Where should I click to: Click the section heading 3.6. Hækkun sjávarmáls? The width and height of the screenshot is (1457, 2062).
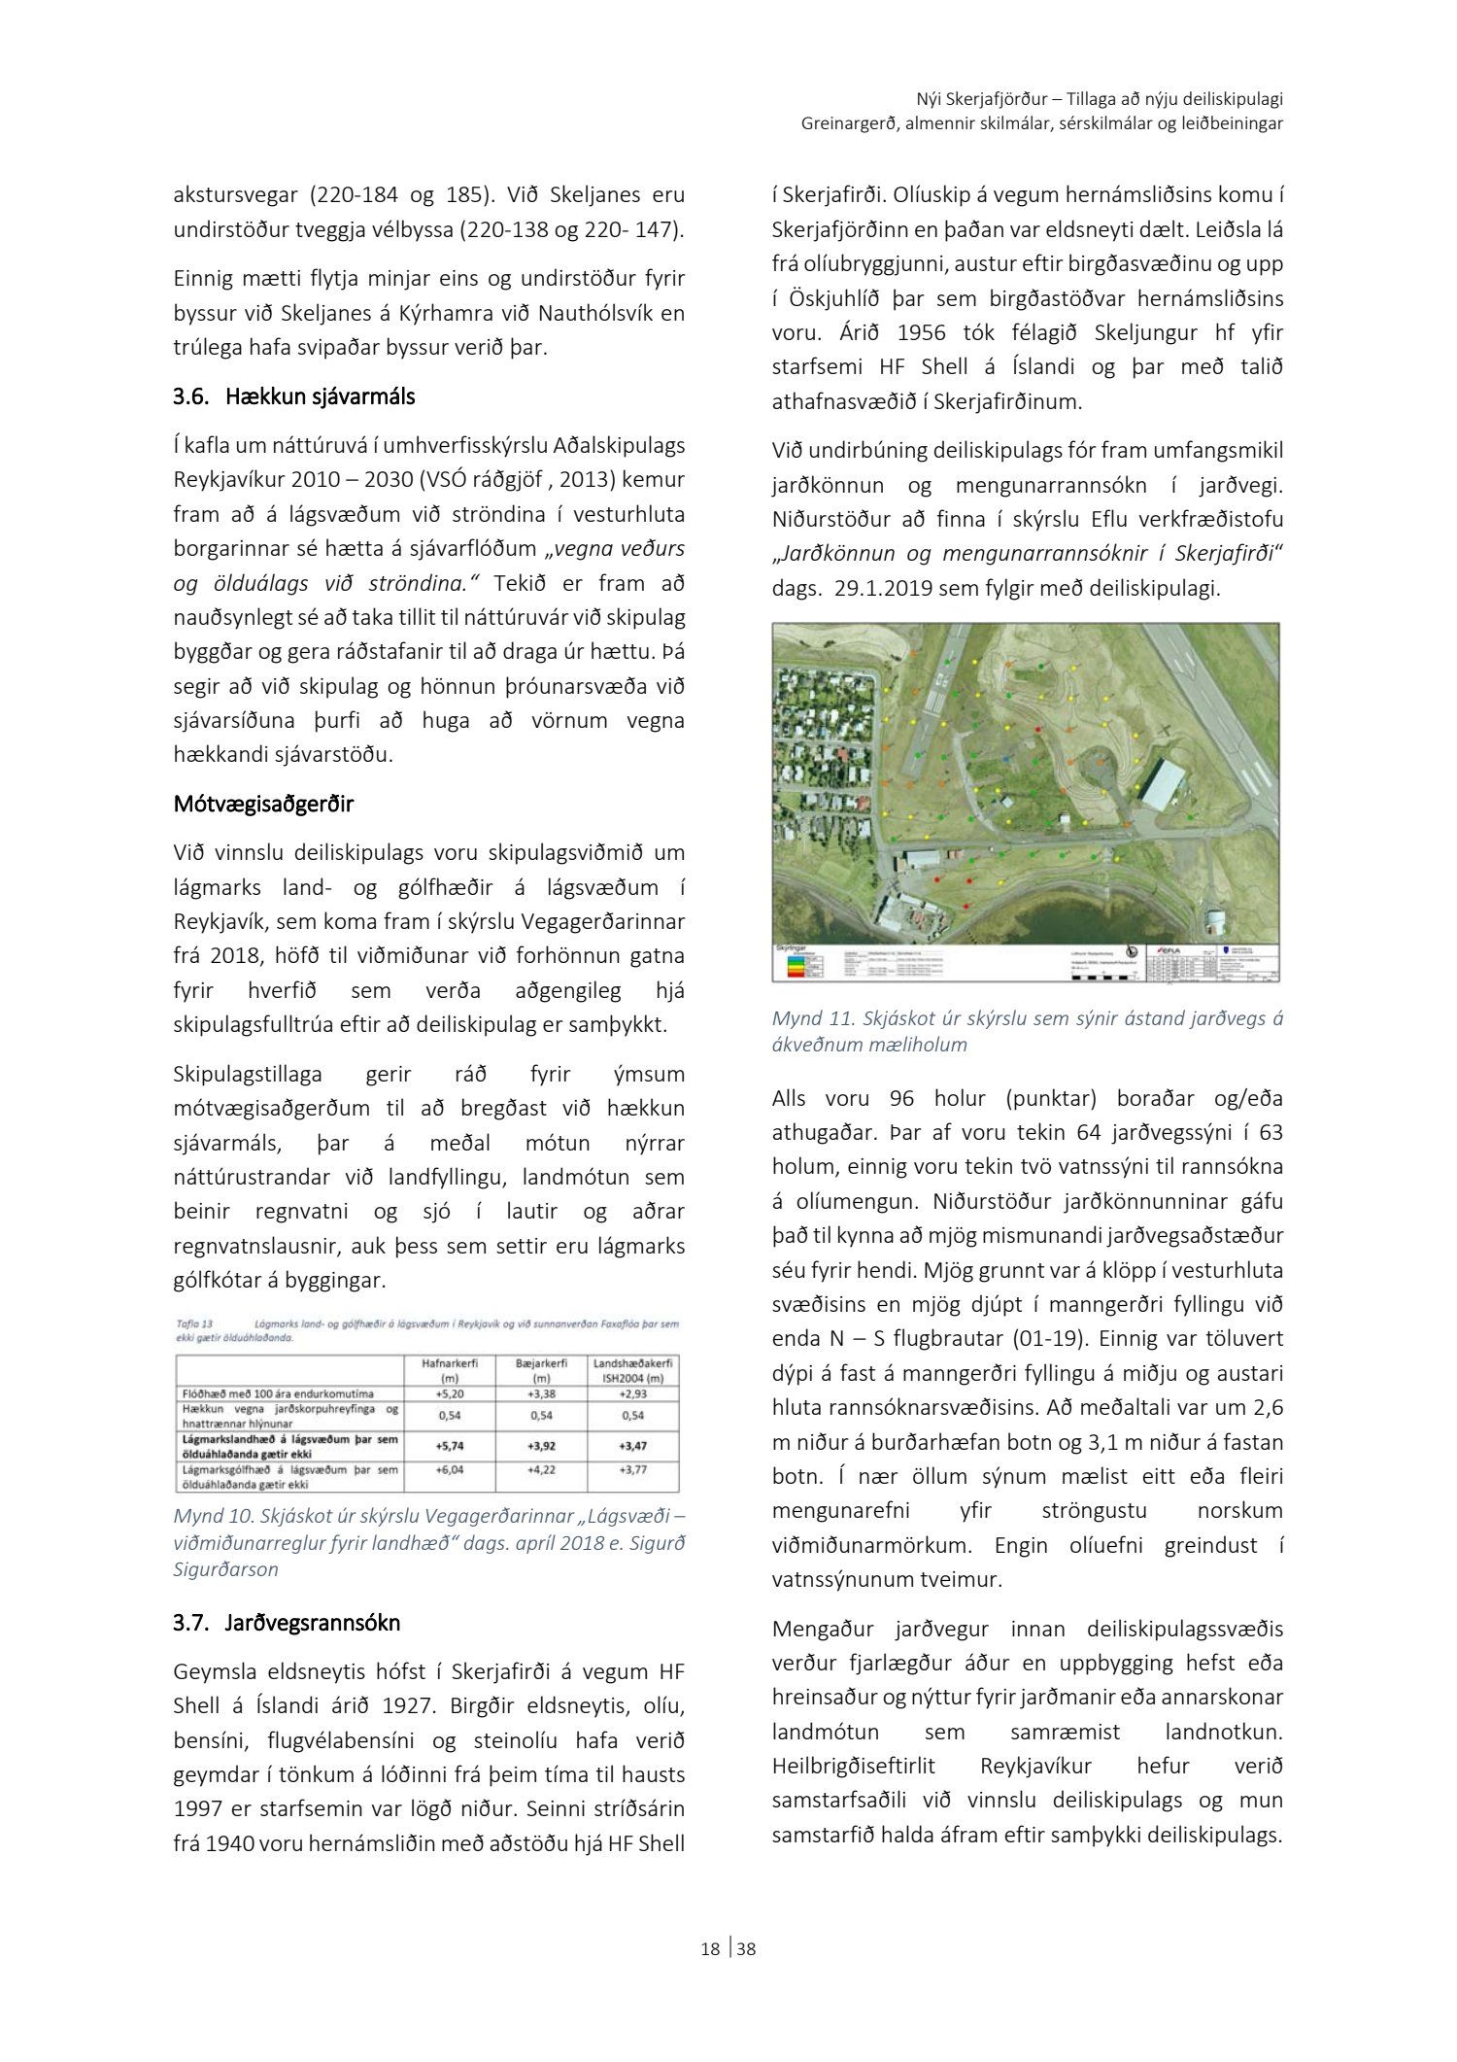(x=293, y=396)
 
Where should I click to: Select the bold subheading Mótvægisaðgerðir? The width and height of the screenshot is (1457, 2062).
(x=263, y=804)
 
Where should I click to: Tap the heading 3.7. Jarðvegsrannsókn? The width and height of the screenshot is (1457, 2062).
(x=287, y=1623)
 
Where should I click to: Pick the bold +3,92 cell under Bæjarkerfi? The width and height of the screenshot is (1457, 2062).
(x=541, y=1446)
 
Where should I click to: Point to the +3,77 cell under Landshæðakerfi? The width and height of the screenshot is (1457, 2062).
(x=632, y=1470)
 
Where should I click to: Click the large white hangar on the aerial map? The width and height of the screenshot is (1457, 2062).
(x=1164, y=783)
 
